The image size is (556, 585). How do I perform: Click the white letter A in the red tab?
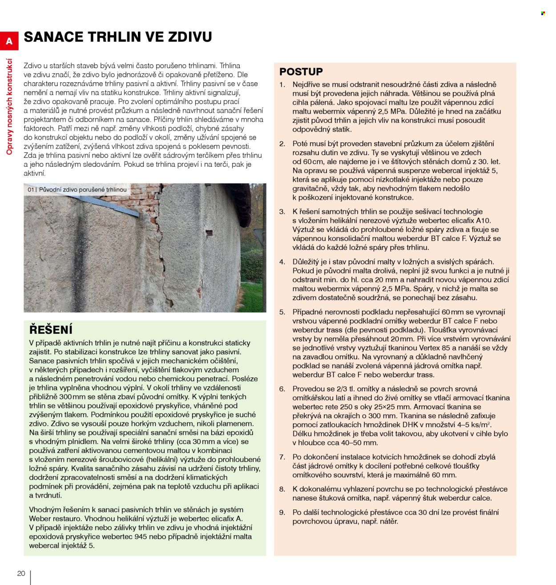pos(9,42)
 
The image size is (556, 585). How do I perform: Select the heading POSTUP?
pos(301,72)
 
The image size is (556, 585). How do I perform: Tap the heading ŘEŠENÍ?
pos(51,330)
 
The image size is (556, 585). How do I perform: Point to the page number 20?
pos(21,573)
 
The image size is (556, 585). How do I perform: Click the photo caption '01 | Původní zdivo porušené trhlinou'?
pos(77,190)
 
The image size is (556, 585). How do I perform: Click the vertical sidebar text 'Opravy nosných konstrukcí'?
pos(9,107)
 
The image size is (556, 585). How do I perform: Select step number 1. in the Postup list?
pos(282,84)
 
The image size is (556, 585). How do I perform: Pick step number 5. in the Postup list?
pos(282,312)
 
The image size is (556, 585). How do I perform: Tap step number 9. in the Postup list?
pos(282,513)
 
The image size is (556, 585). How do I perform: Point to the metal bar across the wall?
pos(111,205)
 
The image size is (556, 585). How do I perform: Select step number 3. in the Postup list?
pos(282,212)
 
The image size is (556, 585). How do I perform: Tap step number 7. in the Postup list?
pos(282,457)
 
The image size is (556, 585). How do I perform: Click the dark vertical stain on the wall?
pos(80,249)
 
